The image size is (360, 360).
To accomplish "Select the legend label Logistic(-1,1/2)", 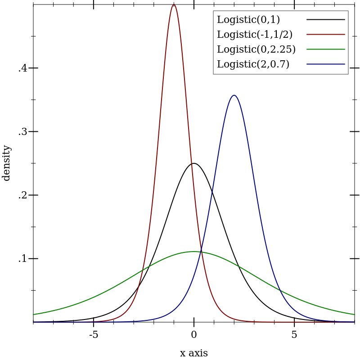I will (255, 35).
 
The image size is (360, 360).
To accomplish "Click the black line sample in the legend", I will (326, 20).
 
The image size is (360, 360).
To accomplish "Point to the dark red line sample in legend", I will (326, 35).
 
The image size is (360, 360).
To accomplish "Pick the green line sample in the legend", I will (326, 49).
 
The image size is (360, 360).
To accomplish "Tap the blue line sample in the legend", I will (326, 64).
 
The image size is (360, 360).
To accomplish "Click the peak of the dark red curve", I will (174, 4).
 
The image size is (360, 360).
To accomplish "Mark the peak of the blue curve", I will (234, 95).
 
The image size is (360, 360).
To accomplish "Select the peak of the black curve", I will (193, 163).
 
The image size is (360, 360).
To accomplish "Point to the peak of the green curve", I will (193, 252).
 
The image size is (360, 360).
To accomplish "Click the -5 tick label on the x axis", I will (93, 335).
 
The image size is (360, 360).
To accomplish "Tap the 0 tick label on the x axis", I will (194, 335).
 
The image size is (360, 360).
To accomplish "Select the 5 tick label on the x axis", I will (294, 335).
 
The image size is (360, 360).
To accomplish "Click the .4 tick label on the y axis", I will (22, 68).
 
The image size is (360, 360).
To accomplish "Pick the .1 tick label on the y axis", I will (22, 259).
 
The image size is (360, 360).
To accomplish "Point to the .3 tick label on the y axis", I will (22, 132).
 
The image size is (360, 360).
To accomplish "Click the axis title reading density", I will (6, 163).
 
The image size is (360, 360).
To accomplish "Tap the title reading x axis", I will (194, 353).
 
